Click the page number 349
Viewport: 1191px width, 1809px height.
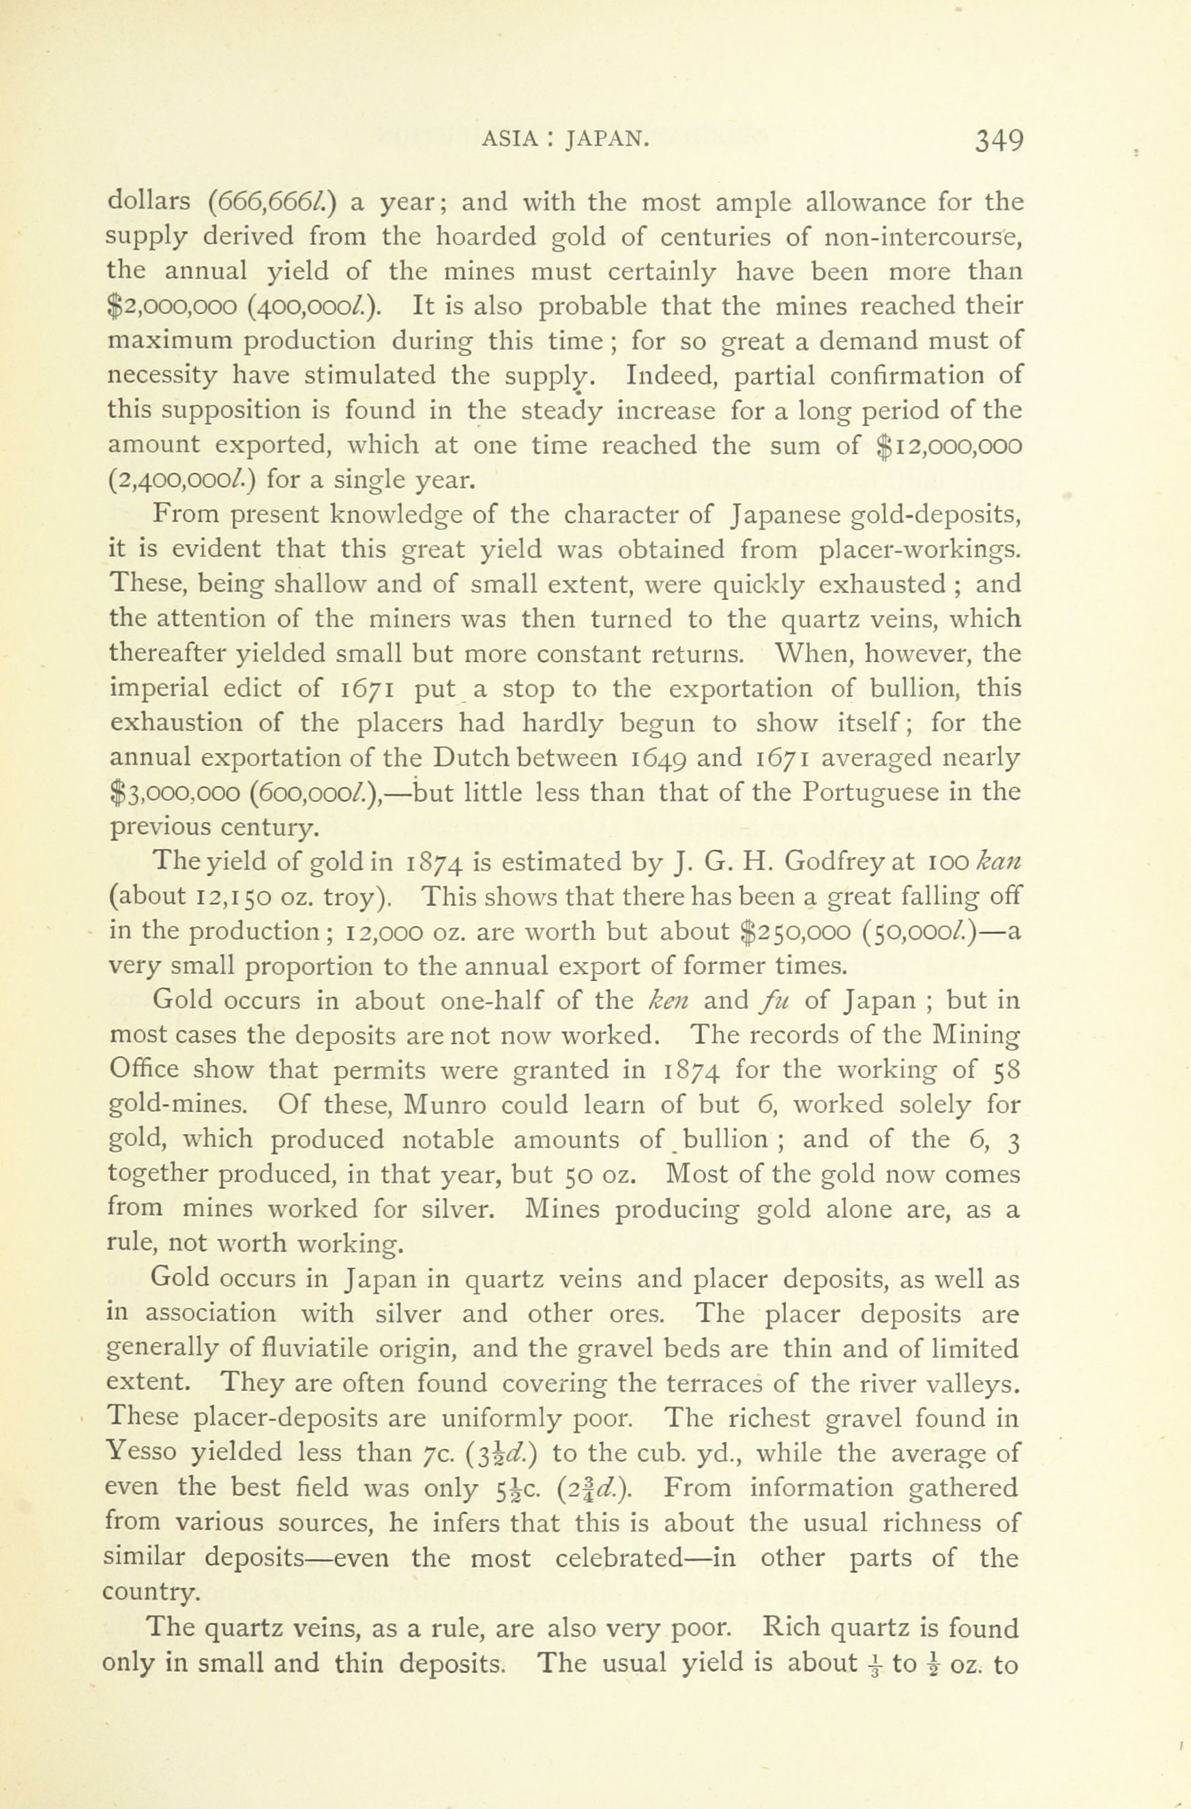[999, 142]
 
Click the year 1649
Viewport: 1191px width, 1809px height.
[671, 758]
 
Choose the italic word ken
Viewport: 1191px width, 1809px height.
[667, 1001]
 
